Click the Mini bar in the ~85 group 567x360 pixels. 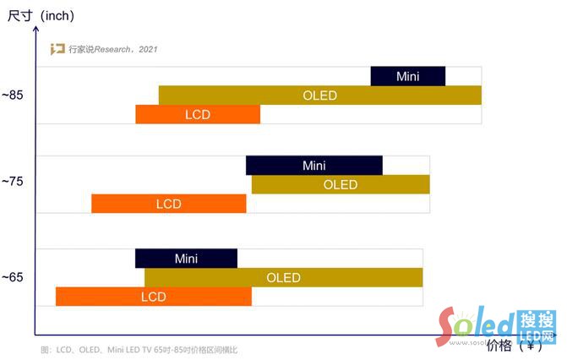(408, 76)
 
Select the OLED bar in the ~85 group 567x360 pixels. (319, 95)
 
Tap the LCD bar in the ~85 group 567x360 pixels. (198, 114)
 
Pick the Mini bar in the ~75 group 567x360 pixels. (313, 166)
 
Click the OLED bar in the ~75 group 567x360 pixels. (341, 184)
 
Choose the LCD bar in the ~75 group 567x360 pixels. (168, 204)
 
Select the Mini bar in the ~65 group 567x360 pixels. (186, 258)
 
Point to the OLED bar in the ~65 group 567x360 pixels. (283, 277)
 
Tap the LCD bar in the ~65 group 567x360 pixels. (153, 297)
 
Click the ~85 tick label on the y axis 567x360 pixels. (13, 95)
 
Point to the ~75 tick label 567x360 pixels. (13, 181)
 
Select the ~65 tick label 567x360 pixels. (13, 277)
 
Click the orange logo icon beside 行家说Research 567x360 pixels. (57, 49)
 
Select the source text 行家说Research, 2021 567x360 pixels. (112, 49)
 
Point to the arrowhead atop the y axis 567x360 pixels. (35, 28)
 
